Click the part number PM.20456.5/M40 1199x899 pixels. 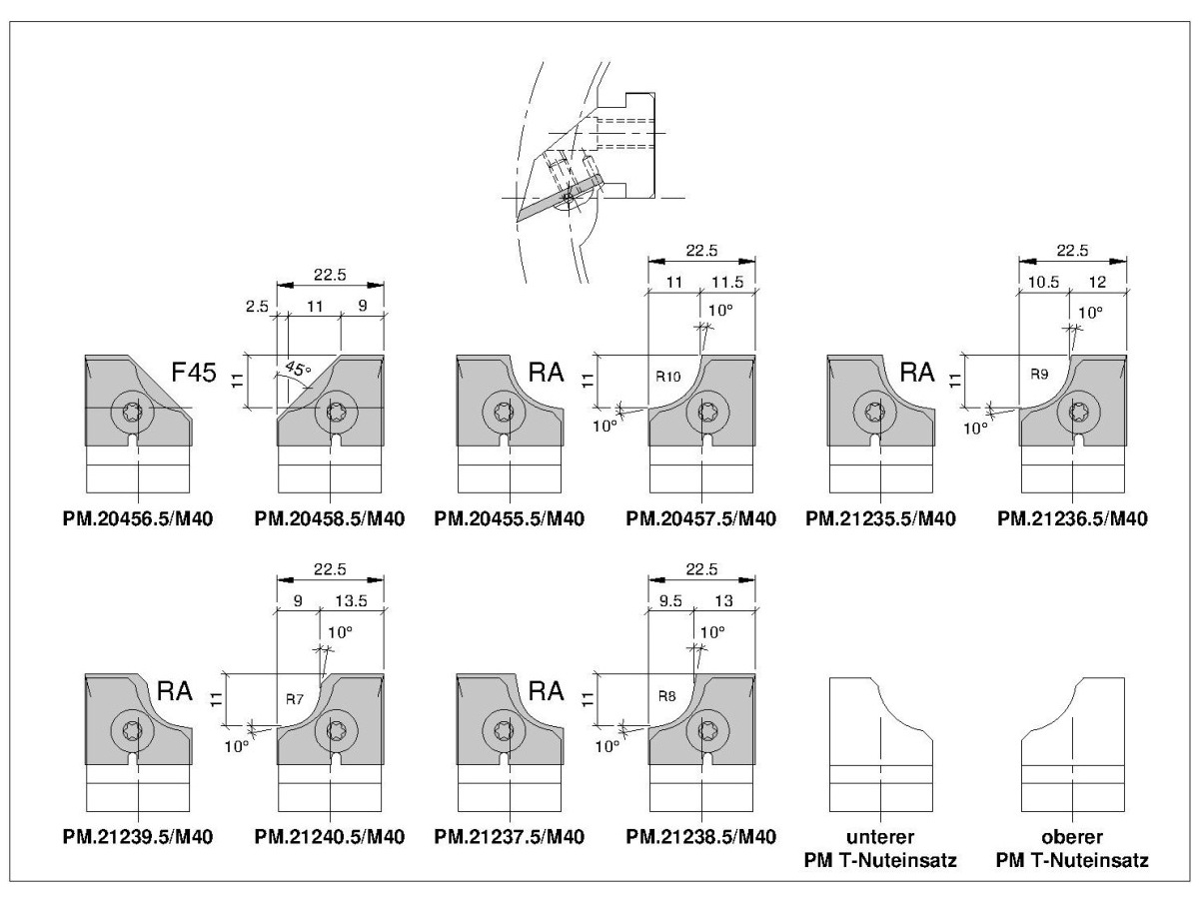pos(139,518)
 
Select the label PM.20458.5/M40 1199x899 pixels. pos(329,518)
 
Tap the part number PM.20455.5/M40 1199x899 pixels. pos(510,518)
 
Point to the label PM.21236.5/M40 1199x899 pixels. pos(1071,518)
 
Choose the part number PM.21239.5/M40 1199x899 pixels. pos(139,836)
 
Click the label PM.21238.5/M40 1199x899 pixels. pos(701,836)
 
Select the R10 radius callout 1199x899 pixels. pos(668,377)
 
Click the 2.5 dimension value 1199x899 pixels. pos(257,307)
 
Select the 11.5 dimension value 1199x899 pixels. pos(727,283)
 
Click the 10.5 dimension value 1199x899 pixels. pos(1043,283)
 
